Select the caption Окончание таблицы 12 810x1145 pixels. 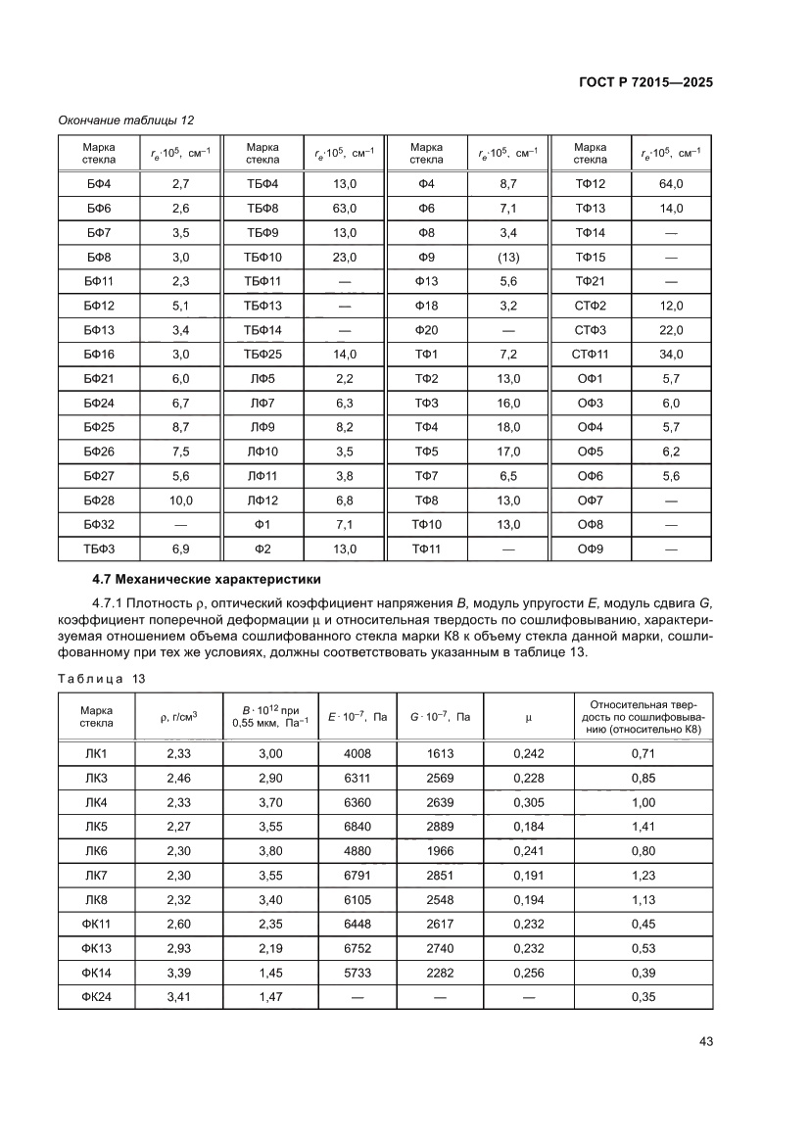126,120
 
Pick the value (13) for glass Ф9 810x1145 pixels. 508,258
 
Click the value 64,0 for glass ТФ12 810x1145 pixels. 671,184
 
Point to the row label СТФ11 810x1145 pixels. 591,355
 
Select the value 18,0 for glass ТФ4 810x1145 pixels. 508,427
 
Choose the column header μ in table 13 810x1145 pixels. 528,717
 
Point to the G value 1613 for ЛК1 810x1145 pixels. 442,752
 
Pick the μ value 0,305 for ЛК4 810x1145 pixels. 528,801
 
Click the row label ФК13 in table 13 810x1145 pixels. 99,948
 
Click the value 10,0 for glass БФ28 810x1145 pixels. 181,501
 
